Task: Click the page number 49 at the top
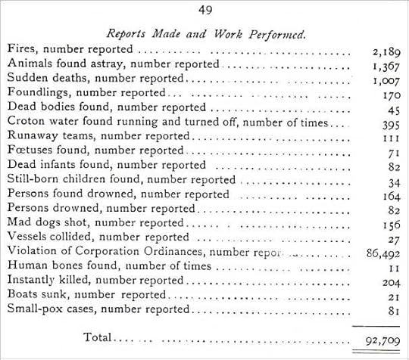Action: click(204, 10)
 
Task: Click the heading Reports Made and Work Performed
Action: click(205, 34)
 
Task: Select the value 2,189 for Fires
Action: click(386, 51)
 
